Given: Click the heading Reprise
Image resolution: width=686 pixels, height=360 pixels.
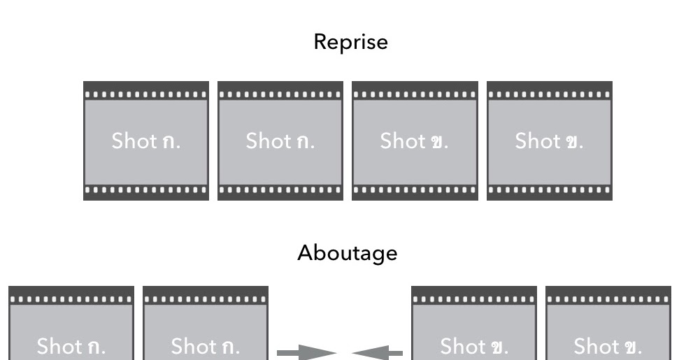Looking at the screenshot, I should click(350, 42).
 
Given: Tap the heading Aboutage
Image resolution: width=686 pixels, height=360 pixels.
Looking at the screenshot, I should click(348, 252).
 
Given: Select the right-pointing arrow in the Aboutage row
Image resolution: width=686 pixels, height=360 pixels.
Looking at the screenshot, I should click(307, 354).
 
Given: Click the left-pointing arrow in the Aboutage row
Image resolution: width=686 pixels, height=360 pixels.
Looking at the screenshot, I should click(378, 354).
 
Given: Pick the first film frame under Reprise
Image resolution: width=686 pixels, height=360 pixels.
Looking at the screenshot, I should click(145, 141).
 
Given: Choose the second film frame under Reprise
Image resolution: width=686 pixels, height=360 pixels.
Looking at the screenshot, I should click(280, 141).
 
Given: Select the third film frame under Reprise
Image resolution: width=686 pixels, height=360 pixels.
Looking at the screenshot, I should click(415, 141).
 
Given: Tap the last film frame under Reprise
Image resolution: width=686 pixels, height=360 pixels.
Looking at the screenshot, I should click(550, 141).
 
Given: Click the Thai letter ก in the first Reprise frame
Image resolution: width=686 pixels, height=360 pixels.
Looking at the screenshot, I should click(169, 142).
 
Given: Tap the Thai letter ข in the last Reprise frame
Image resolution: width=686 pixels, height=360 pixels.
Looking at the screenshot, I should click(573, 142).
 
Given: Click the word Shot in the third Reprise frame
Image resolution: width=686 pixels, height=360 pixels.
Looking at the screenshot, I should click(403, 141).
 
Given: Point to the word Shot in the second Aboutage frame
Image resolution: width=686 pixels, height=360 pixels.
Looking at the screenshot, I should click(194, 345).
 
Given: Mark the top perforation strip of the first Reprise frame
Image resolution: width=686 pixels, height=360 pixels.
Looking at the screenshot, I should click(145, 93).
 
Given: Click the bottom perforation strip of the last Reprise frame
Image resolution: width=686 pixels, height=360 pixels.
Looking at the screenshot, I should click(550, 190).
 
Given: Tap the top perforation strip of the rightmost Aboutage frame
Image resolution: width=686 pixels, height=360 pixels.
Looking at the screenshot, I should click(608, 298).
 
